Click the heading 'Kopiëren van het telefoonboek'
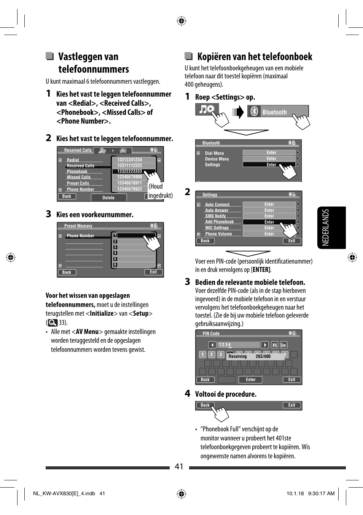[x=254, y=57]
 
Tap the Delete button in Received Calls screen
[x=108, y=197]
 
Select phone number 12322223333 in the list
[x=130, y=171]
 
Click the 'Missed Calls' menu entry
[x=79, y=177]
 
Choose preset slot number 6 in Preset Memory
[x=134, y=265]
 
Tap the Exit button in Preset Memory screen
[x=153, y=272]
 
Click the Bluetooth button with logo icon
[x=278, y=112]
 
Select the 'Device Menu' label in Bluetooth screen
[x=217, y=159]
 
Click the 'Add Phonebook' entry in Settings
[x=220, y=222]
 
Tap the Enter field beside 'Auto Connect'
[x=269, y=204]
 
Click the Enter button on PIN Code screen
[x=251, y=380]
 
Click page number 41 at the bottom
[x=179, y=466]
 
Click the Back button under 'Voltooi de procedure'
[x=205, y=405]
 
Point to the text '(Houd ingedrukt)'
[x=160, y=191]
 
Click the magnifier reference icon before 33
[x=53, y=323]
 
